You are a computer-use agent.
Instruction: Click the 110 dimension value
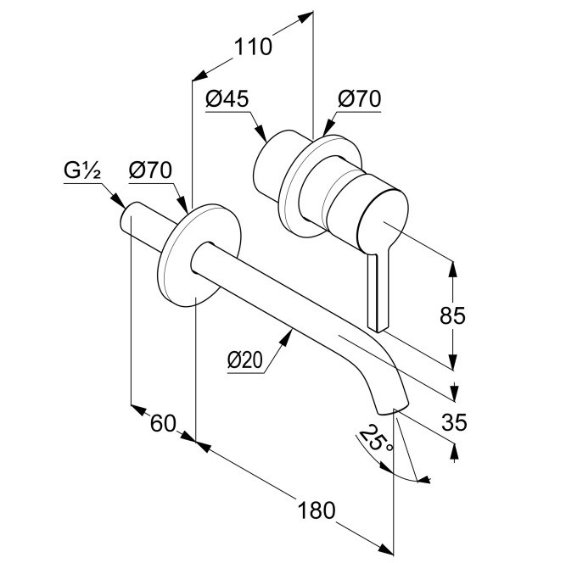coord(253,47)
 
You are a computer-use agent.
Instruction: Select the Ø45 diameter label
coord(227,99)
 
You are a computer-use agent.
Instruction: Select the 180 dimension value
coord(317,510)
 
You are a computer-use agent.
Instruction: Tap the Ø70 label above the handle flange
coord(359,99)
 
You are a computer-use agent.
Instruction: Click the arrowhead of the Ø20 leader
coord(291,333)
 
